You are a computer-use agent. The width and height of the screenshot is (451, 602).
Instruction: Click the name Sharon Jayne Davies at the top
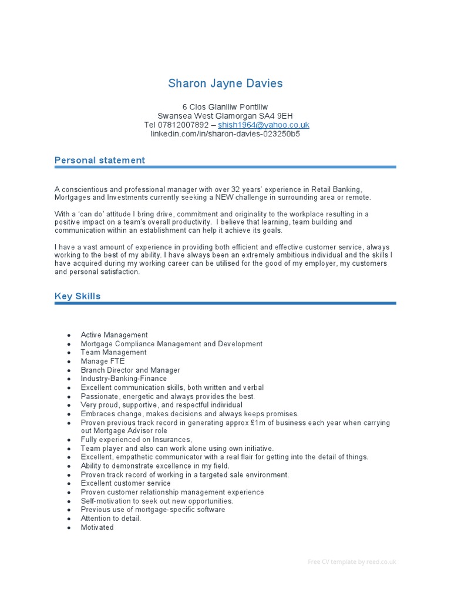tap(225, 83)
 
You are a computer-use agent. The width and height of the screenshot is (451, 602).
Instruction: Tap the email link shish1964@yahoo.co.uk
tap(263, 125)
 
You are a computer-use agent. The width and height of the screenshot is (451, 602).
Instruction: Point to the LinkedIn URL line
tap(225, 134)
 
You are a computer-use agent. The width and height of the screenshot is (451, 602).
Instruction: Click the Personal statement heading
tap(100, 160)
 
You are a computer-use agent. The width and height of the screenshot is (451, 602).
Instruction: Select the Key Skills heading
tap(78, 296)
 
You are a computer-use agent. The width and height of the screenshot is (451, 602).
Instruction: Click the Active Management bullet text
tap(115, 335)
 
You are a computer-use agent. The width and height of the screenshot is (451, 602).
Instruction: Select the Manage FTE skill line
tap(103, 362)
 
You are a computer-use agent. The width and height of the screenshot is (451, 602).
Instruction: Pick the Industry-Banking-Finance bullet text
tap(124, 379)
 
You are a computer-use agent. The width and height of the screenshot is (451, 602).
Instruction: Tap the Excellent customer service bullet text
tap(126, 484)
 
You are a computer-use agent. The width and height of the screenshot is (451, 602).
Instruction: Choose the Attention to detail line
tap(111, 519)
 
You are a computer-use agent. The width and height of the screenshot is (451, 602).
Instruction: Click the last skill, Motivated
tap(97, 527)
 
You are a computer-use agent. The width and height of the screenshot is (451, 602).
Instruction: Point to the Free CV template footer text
tap(352, 562)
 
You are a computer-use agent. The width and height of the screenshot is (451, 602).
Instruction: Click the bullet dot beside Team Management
tap(69, 353)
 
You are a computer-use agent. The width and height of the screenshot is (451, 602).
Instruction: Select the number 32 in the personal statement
tap(244, 189)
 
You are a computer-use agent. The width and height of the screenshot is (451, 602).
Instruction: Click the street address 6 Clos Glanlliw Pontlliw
tap(225, 107)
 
